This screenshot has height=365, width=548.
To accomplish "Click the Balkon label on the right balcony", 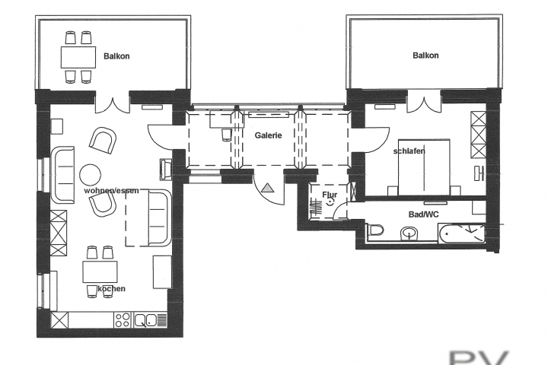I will point(427,55).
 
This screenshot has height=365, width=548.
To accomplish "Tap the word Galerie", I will point(269,135).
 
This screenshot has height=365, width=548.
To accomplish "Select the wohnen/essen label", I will point(111,190).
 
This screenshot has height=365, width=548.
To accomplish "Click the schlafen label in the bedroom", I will point(409,151).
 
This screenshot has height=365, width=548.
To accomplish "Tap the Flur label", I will point(329,195).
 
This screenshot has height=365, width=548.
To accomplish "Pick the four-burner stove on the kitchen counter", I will point(122,320).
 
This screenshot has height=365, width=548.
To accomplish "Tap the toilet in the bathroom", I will point(377,231).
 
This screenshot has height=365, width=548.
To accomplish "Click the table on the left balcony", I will point(78,56).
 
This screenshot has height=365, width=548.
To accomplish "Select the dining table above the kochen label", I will point(100,271).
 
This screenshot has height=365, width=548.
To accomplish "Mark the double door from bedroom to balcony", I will point(423,103).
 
